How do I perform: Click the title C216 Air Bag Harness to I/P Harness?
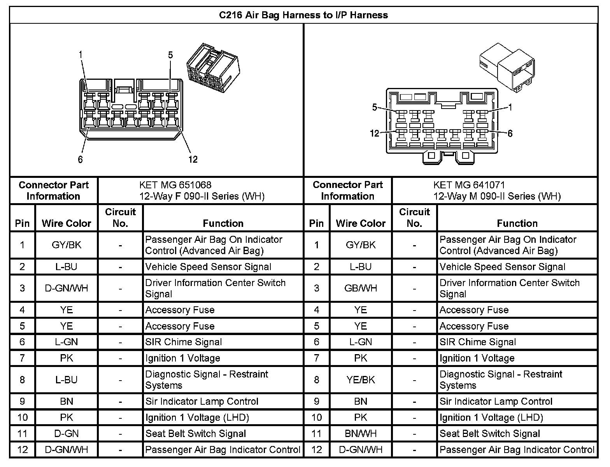tap(303, 15)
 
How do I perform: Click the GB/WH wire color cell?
tap(361, 288)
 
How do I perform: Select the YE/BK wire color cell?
tap(361, 380)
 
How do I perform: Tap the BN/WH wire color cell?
tap(361, 434)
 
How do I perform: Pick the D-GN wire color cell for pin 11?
tap(67, 434)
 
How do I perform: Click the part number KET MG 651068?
tap(175, 185)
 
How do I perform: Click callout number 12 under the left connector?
tap(193, 159)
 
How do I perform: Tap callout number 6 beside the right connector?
tap(510, 134)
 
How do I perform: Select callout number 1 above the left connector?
tap(81, 55)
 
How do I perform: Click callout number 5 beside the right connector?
tap(375, 107)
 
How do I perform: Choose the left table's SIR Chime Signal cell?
tap(184, 342)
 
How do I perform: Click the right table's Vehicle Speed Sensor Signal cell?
tap(502, 267)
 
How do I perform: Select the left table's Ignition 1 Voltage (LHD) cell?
tap(197, 418)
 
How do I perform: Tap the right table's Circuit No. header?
tap(414, 218)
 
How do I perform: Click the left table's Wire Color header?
tap(67, 223)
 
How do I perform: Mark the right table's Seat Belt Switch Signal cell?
tap(490, 434)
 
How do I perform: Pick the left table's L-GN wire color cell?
tap(67, 342)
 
